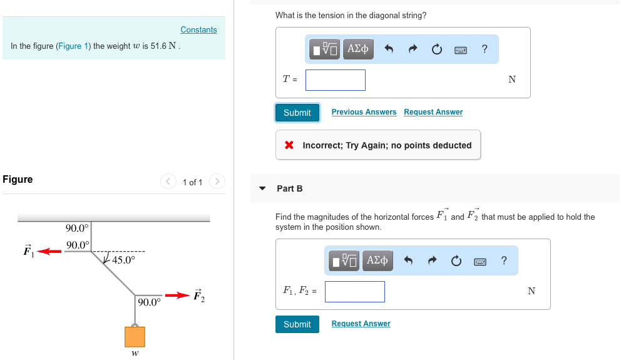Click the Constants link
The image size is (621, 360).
click(x=198, y=30)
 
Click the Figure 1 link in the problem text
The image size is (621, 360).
click(x=70, y=46)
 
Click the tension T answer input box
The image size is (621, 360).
click(x=336, y=80)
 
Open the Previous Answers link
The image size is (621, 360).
click(x=364, y=112)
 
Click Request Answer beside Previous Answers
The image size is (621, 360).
click(x=433, y=112)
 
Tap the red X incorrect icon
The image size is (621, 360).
click(x=289, y=145)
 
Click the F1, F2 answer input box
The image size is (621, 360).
click(x=355, y=291)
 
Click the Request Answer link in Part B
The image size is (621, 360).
click(x=361, y=324)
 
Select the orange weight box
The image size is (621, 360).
click(x=135, y=337)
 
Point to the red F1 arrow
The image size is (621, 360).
click(x=49, y=252)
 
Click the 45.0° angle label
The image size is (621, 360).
click(x=123, y=260)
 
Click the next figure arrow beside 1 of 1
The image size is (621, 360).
click(x=216, y=182)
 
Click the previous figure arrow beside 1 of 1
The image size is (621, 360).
click(x=168, y=182)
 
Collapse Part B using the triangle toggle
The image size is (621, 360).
click(x=263, y=188)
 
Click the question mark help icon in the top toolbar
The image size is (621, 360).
click(x=485, y=49)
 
